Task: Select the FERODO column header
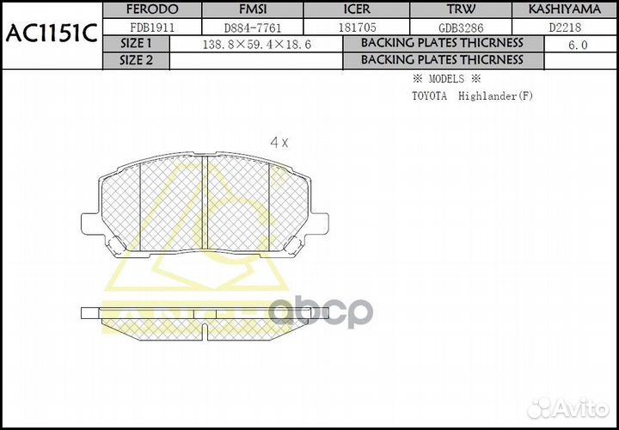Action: point(152,9)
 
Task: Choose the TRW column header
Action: point(460,9)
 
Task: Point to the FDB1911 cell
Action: point(152,27)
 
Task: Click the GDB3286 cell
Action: point(460,27)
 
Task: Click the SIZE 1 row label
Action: point(136,43)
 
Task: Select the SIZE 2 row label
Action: point(136,60)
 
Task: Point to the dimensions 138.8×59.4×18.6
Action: point(255,44)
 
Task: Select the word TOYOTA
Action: point(429,95)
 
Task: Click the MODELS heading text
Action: point(445,79)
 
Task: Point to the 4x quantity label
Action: point(279,143)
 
